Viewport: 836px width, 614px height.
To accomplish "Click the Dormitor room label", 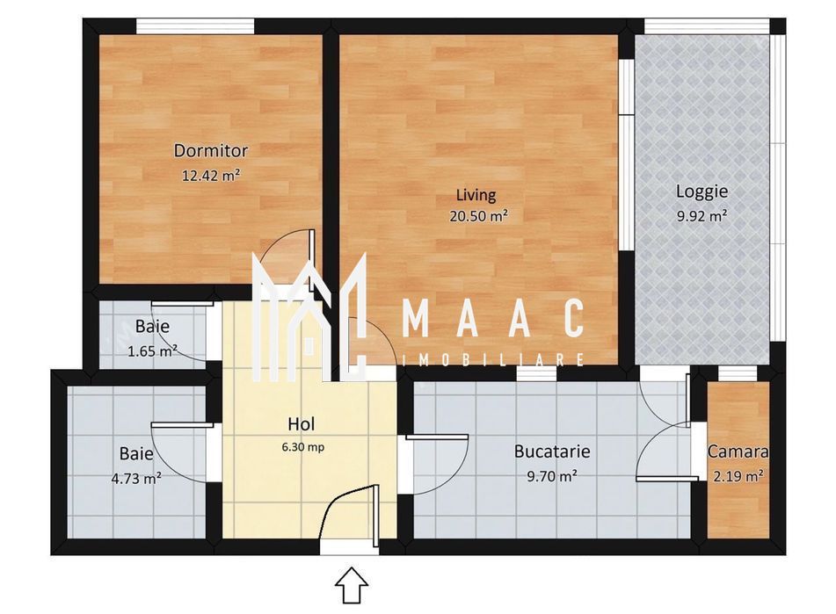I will [210, 150].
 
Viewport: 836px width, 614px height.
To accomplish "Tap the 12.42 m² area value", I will [210, 175].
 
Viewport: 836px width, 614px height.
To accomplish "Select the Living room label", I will [476, 195].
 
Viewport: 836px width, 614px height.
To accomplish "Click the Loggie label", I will [702, 191].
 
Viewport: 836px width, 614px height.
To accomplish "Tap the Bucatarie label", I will [551, 452].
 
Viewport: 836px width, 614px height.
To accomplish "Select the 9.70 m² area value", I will [551, 476].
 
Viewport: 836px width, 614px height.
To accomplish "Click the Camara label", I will [738, 452].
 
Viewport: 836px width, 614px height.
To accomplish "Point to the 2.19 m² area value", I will [738, 476].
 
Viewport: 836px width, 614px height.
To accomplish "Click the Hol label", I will [302, 423].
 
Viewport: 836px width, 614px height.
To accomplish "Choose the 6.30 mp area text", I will [301, 446].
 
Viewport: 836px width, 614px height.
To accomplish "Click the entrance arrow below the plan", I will [352, 584].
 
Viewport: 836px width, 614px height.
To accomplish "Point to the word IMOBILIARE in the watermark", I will [492, 360].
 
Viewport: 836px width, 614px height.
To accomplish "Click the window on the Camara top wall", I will [738, 374].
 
